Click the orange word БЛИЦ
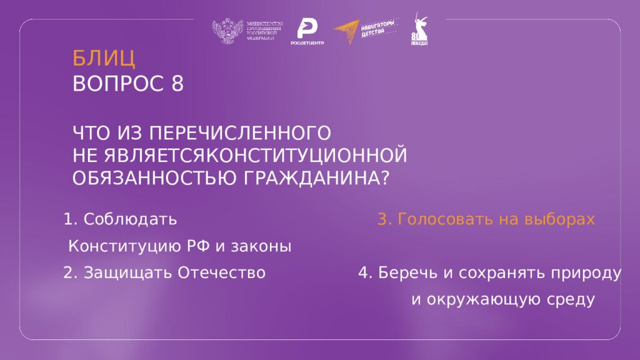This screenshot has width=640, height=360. tap(104, 58)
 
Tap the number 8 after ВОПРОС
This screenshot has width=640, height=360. tap(177, 84)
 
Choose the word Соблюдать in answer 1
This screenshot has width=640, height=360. tap(130, 220)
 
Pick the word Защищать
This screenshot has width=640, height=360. tap(128, 273)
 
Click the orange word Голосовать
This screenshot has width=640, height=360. tap(439, 220)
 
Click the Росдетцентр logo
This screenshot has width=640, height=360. tap(306, 31)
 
